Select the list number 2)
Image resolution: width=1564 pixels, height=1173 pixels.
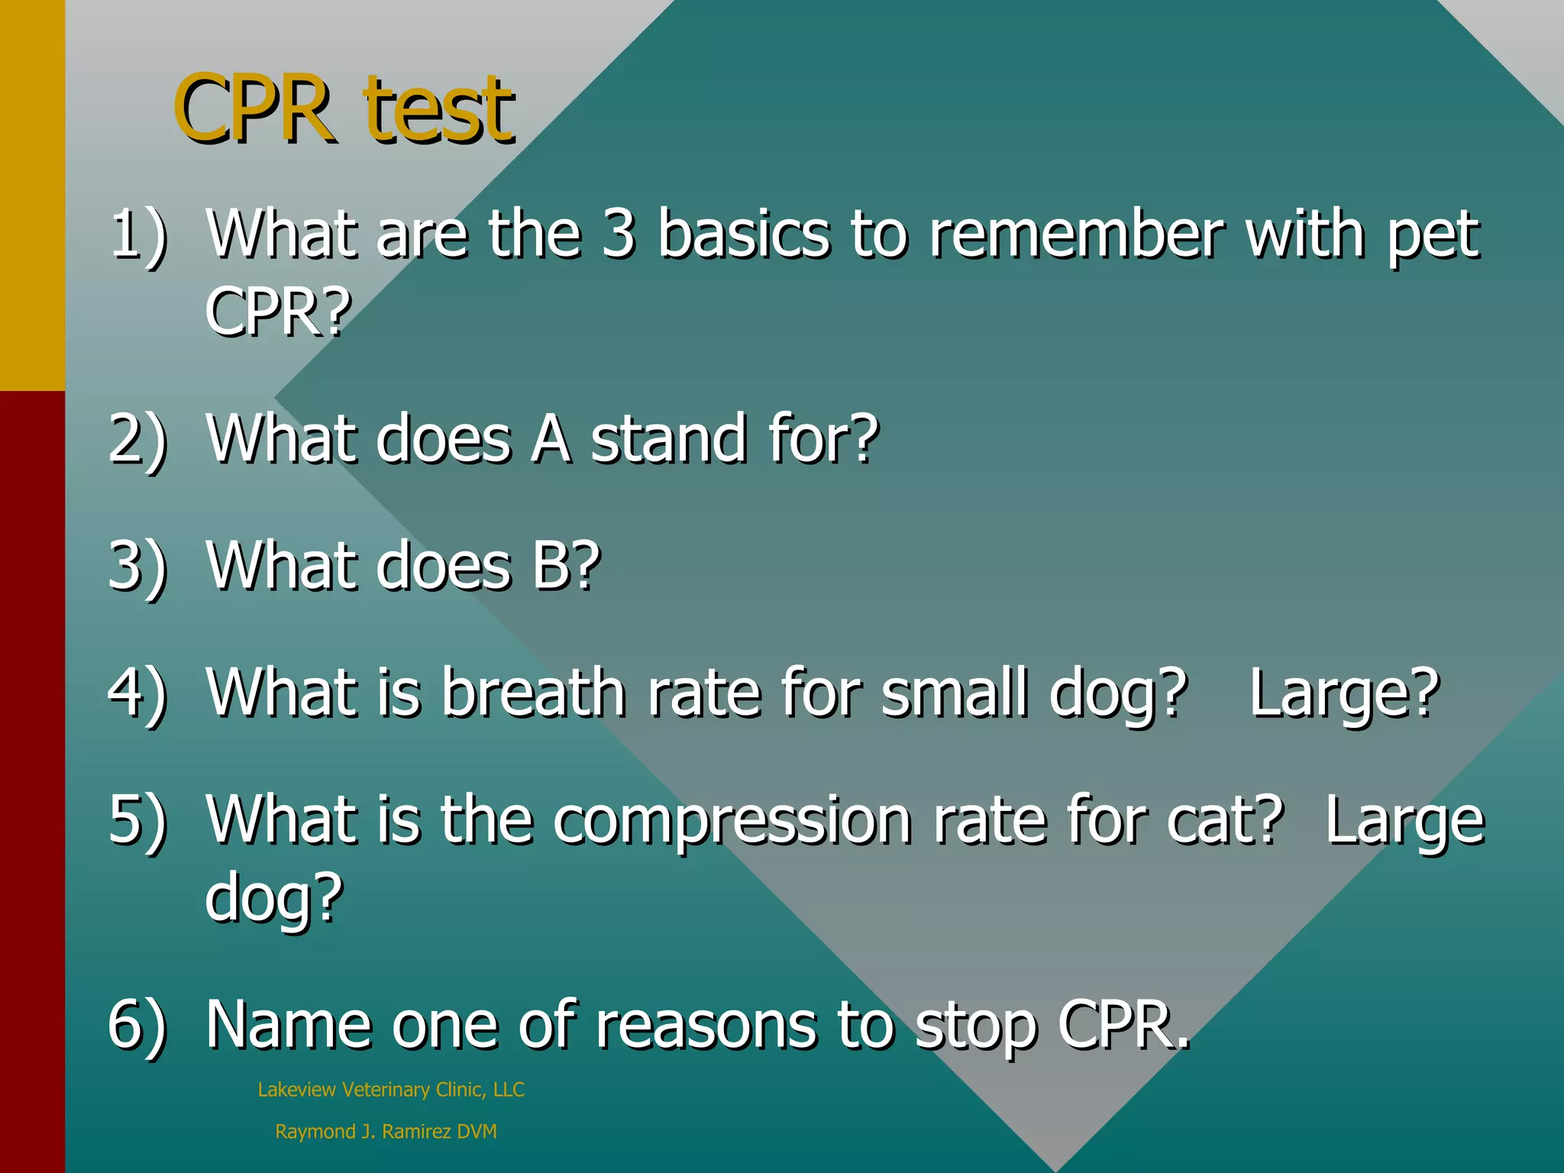pos(137,440)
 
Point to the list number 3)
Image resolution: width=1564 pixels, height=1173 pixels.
pos(137,567)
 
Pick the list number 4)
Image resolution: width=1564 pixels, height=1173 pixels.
pos(137,693)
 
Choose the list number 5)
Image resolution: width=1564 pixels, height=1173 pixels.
pos(137,820)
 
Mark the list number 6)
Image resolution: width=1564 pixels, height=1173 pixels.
pos(137,1025)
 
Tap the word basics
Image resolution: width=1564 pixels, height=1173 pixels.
pos(743,234)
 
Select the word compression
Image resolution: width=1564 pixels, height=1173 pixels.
pos(732,822)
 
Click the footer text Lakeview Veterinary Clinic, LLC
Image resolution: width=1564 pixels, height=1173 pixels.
pos(391,1090)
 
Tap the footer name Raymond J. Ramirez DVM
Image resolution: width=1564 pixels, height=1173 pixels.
pos(386,1132)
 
